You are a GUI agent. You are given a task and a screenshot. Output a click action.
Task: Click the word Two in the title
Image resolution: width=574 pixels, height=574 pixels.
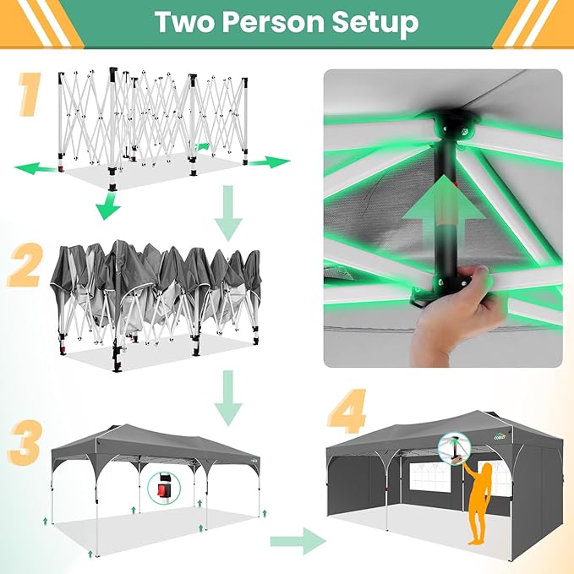pyautogui.click(x=184, y=22)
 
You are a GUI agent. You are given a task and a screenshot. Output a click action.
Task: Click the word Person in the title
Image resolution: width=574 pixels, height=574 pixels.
pyautogui.click(x=273, y=22)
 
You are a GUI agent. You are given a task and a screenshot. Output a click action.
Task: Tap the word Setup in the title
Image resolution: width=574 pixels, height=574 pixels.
pyautogui.click(x=375, y=23)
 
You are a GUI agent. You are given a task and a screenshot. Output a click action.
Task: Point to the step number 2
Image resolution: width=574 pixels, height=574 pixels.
pyautogui.click(x=25, y=265)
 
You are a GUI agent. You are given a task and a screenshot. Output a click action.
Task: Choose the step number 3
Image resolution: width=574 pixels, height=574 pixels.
pyautogui.click(x=25, y=443)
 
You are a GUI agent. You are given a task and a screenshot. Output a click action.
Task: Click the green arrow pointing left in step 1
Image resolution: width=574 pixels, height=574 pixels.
pyautogui.click(x=36, y=169)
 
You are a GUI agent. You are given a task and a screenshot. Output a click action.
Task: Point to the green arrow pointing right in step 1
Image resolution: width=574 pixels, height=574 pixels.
pyautogui.click(x=270, y=161)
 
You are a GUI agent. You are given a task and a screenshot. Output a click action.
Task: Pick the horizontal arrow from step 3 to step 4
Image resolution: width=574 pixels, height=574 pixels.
pyautogui.click(x=298, y=541)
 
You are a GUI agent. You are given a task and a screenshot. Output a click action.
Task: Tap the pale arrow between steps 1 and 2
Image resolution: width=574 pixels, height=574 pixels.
pyautogui.click(x=228, y=213)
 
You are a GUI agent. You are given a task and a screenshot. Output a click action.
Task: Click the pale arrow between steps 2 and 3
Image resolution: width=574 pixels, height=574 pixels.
pyautogui.click(x=228, y=398)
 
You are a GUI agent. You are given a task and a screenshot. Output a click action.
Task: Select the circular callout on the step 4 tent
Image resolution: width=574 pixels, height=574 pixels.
pyautogui.click(x=454, y=449)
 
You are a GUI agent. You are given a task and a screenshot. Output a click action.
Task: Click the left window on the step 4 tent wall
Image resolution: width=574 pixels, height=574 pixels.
pyautogui.click(x=435, y=478)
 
